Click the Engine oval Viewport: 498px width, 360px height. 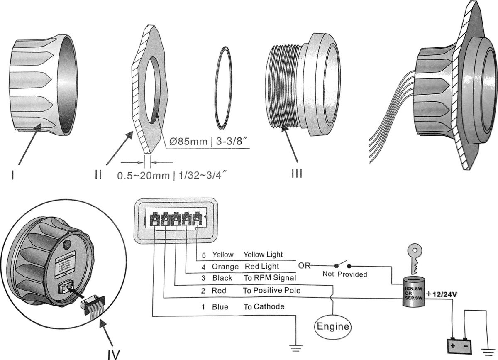(333, 326)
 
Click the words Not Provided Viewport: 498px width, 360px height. (345, 274)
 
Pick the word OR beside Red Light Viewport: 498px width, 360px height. (305, 266)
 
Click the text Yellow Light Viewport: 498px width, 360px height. (263, 254)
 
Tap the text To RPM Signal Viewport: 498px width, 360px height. (269, 277)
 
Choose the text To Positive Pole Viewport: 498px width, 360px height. (271, 291)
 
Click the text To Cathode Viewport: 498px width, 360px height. (264, 307)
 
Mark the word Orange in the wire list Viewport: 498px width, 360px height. (225, 266)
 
